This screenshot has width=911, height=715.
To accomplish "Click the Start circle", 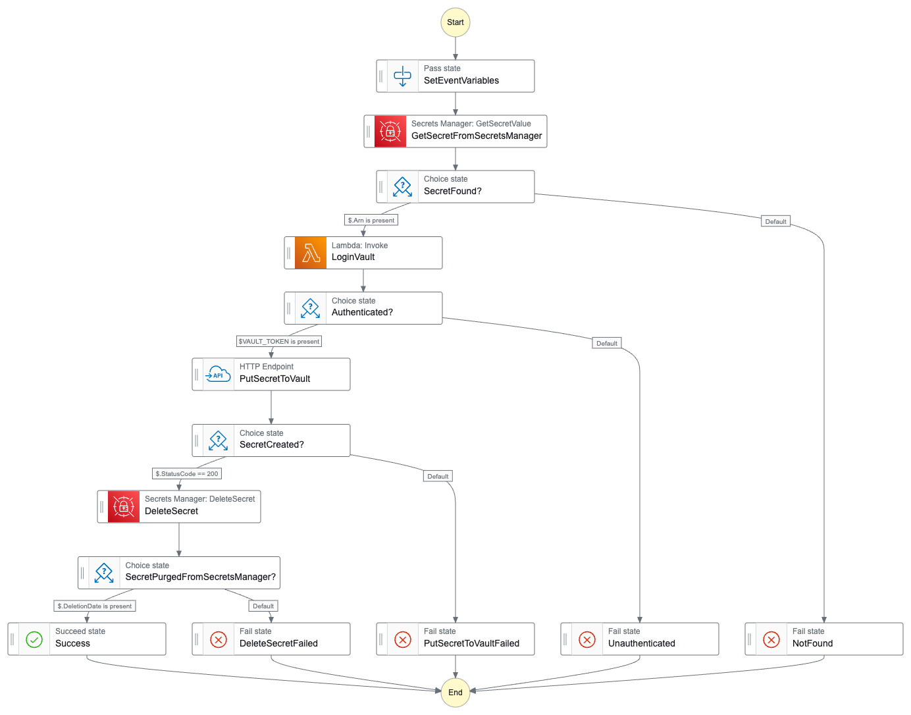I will click(x=455, y=22).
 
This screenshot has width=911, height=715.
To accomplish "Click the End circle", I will click(x=455, y=692).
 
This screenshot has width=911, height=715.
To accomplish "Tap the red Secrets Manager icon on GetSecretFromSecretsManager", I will click(x=390, y=132).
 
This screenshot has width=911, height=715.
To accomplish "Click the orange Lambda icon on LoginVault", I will click(x=311, y=253).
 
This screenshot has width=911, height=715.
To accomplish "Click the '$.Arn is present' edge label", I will click(x=371, y=221).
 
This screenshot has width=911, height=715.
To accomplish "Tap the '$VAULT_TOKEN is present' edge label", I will click(x=279, y=342).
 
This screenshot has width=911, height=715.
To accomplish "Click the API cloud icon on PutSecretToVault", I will click(x=219, y=375).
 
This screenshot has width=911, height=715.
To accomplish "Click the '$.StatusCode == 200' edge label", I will click(x=187, y=474).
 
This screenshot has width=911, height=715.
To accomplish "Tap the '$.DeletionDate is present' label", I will click(x=95, y=606).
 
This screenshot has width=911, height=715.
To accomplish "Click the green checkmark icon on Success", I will click(x=34, y=639).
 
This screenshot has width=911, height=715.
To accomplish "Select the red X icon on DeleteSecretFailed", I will click(x=219, y=639).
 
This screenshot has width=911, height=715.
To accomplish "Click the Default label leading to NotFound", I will click(x=776, y=222).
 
